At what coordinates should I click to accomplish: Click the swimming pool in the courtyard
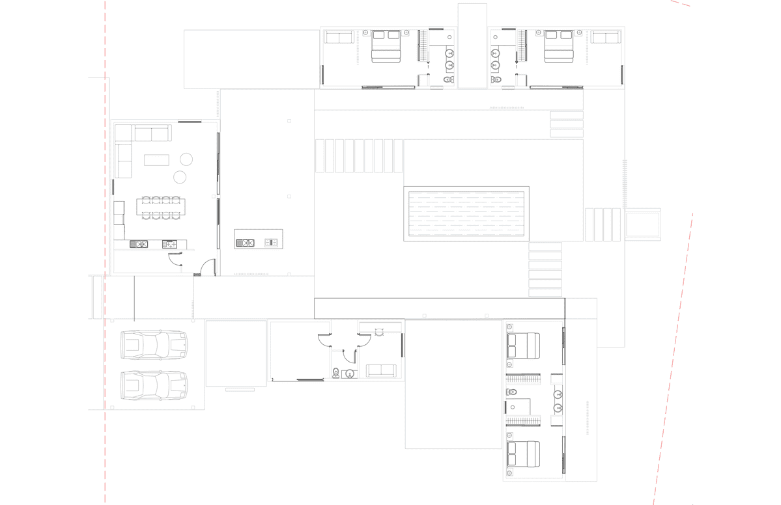[x=466, y=214]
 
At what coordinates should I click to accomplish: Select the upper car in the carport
[x=154, y=345]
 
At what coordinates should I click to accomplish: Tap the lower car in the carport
[x=154, y=385]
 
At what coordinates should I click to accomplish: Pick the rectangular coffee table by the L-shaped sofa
[x=156, y=159]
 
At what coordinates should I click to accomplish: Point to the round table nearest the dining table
[x=180, y=177]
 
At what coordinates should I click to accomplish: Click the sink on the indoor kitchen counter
[x=139, y=244]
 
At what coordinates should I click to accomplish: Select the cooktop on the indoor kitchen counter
[x=169, y=244]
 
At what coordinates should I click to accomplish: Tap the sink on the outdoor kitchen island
[x=245, y=243]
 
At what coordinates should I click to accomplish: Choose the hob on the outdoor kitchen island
[x=272, y=243]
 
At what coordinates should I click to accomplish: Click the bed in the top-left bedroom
[x=384, y=46]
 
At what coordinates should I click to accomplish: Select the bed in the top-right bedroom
[x=558, y=46]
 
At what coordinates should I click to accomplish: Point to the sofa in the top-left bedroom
[x=339, y=37]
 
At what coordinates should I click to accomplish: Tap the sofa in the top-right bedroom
[x=606, y=37]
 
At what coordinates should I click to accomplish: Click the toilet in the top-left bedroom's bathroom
[x=448, y=80]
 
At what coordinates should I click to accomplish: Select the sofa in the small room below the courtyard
[x=381, y=371]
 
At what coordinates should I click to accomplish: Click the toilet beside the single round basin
[x=335, y=373]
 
